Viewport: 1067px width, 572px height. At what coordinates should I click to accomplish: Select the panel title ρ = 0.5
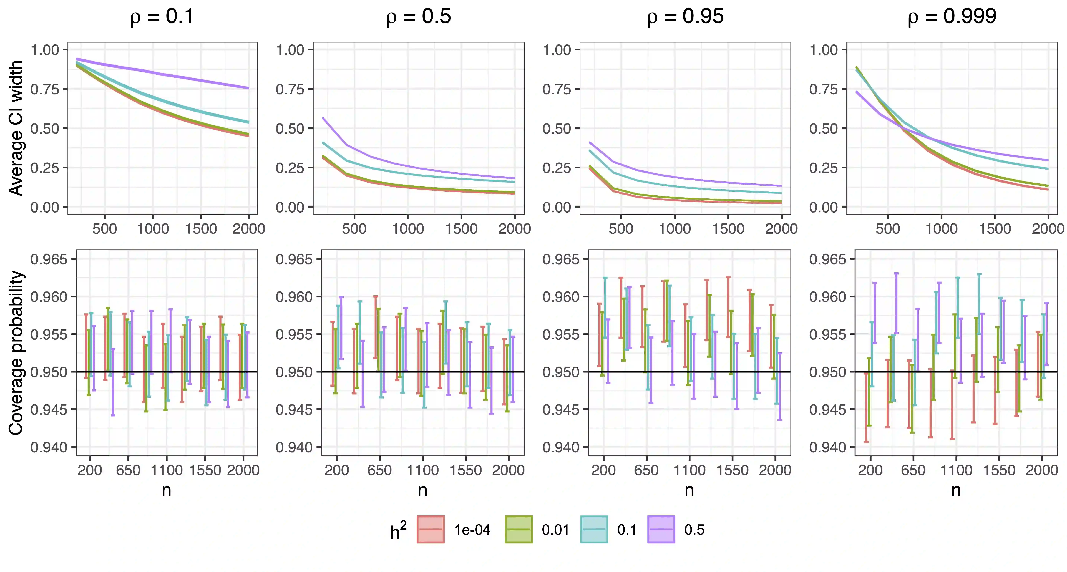(x=418, y=16)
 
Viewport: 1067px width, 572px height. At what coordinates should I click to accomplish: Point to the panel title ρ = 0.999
(x=952, y=16)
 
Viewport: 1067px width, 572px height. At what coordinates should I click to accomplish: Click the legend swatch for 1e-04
(x=431, y=529)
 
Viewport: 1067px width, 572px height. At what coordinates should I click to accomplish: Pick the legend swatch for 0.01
(x=519, y=529)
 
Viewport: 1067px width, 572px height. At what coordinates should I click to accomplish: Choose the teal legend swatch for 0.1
(x=594, y=529)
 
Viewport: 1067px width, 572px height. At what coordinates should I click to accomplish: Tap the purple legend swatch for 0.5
(x=661, y=529)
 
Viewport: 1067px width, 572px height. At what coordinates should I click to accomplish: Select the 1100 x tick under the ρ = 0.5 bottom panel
(x=422, y=470)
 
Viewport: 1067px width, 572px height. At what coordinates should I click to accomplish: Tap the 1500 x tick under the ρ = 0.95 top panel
(x=728, y=229)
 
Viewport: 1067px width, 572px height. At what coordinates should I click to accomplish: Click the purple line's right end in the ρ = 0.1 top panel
(x=248, y=88)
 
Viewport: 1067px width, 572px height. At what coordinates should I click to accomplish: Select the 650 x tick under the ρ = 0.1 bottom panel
(x=128, y=470)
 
